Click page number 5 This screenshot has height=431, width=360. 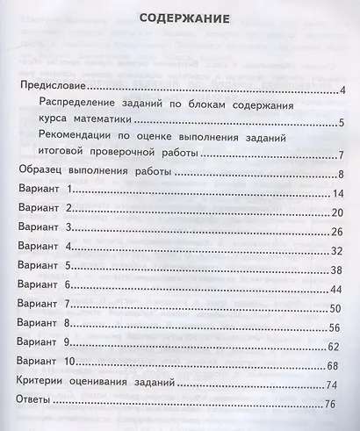341,122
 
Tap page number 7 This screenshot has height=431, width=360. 340,155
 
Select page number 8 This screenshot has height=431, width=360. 340,175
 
